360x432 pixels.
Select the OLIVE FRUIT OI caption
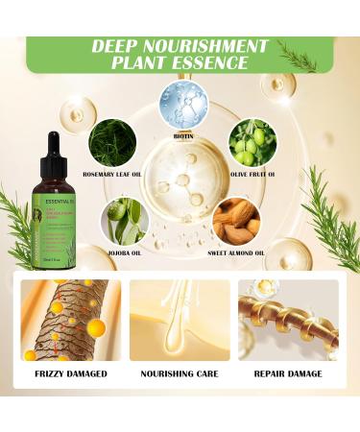coord(253,174)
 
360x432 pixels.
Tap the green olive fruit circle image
coord(253,143)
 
